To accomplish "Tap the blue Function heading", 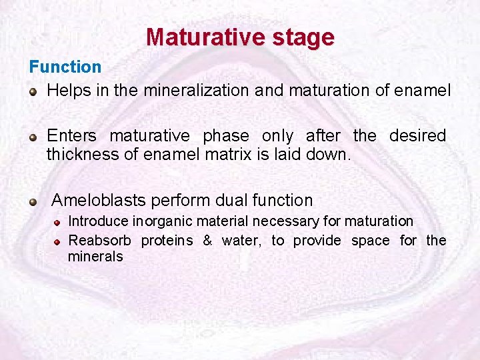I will click(x=65, y=67).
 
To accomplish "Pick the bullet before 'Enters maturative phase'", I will click(x=33, y=137).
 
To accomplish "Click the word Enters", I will click(x=71, y=136).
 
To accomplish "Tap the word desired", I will click(x=417, y=136).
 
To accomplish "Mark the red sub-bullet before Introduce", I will click(x=58, y=221).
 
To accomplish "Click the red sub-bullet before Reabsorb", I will click(x=58, y=241).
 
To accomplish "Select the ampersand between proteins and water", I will click(x=207, y=240).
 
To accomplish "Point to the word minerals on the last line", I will click(x=95, y=257).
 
